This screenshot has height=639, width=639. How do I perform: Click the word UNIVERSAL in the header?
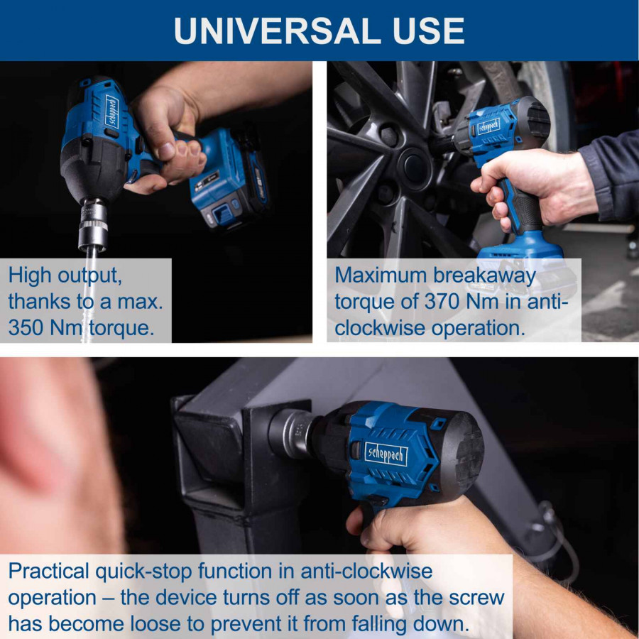click(273, 31)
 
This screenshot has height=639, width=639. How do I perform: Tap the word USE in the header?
click(428, 31)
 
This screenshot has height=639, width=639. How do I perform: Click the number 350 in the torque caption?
click(25, 327)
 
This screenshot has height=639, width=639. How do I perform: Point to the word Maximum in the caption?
click(381, 275)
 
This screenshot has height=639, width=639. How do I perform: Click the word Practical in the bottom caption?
click(48, 571)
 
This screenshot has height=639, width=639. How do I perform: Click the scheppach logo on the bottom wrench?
click(386, 454)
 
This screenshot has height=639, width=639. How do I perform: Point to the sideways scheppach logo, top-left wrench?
click(111, 111)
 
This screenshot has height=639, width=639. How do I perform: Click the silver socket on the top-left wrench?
click(93, 224)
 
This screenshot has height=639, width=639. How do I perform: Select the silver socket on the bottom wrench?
click(290, 434)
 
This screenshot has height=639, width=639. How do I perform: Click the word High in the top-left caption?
click(30, 275)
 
